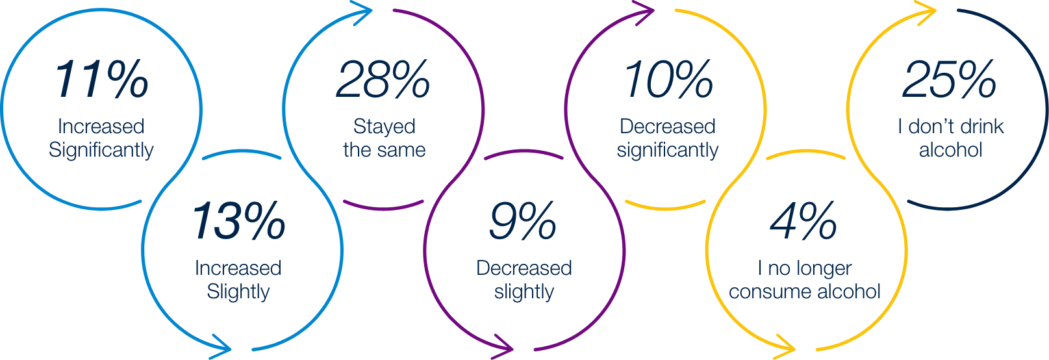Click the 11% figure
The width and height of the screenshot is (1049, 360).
pos(101,80)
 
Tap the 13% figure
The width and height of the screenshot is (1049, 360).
pos(238,221)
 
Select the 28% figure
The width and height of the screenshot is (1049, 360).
pos(383,80)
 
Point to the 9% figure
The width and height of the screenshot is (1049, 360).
pos(523,221)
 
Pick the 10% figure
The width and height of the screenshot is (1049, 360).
pos(668,80)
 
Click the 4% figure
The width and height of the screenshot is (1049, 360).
pos(803,221)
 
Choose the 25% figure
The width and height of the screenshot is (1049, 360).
pos(950,80)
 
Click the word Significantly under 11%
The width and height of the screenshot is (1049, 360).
pos(101,151)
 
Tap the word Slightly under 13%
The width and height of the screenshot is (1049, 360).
pos(238,292)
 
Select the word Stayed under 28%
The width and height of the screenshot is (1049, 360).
pos(385,126)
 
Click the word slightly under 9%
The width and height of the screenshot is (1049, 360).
pos(524,292)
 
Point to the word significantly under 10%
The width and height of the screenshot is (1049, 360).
pos(668,151)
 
